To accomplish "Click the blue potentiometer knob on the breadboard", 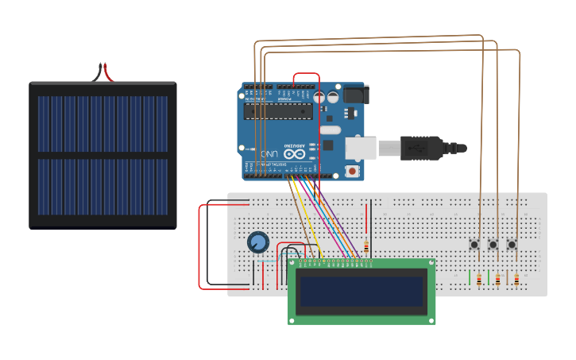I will pos(257,242).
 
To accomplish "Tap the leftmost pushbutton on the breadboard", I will pos(475,244).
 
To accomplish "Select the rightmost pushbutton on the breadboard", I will pos(512,244).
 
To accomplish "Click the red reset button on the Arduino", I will pos(352,171).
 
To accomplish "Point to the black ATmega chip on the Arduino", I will pos(278,110).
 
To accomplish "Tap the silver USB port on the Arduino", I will pos(361,148).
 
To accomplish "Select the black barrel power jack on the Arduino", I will pos(354,95).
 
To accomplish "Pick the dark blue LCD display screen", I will pos(361,291).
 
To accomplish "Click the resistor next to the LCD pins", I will pos(365,246).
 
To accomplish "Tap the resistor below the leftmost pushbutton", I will pos(479,279).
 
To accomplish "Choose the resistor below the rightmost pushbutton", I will pos(516,279).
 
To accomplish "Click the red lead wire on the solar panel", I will pos(107,74).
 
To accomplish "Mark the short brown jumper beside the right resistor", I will pos(507,278).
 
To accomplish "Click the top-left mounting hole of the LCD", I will pos(293,265).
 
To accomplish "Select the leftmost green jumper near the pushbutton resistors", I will pos(470,277).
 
